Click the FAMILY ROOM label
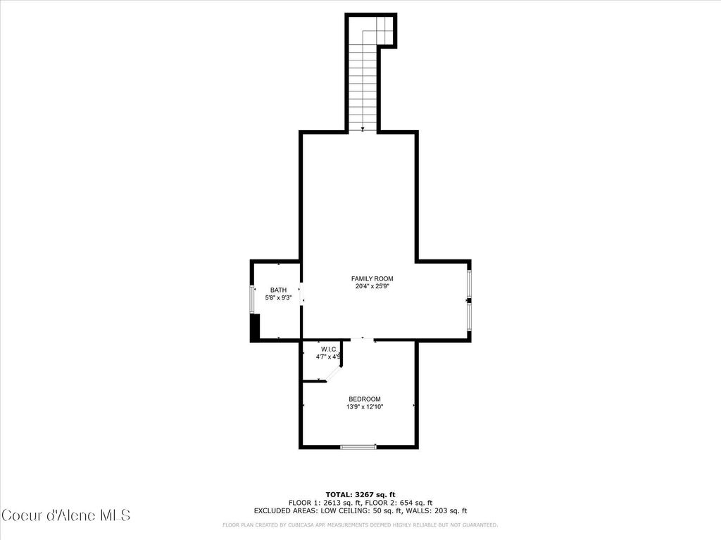pos(372,278)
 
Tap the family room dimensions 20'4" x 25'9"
pos(372,287)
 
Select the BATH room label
pos(279,290)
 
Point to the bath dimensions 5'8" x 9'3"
pos(279,298)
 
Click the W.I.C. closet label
pos(330,349)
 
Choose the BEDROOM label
pos(365,399)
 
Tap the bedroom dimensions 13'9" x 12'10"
pos(365,407)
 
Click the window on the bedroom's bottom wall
pos(358,446)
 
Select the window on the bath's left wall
pos(252,300)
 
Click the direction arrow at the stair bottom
pos(363,129)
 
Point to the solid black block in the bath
pos(256,327)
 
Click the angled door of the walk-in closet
pos(332,371)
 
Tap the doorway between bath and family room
pos(301,293)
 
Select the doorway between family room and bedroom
pos(363,340)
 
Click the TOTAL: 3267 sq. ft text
pos(360,494)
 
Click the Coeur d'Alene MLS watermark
pos(65,515)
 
